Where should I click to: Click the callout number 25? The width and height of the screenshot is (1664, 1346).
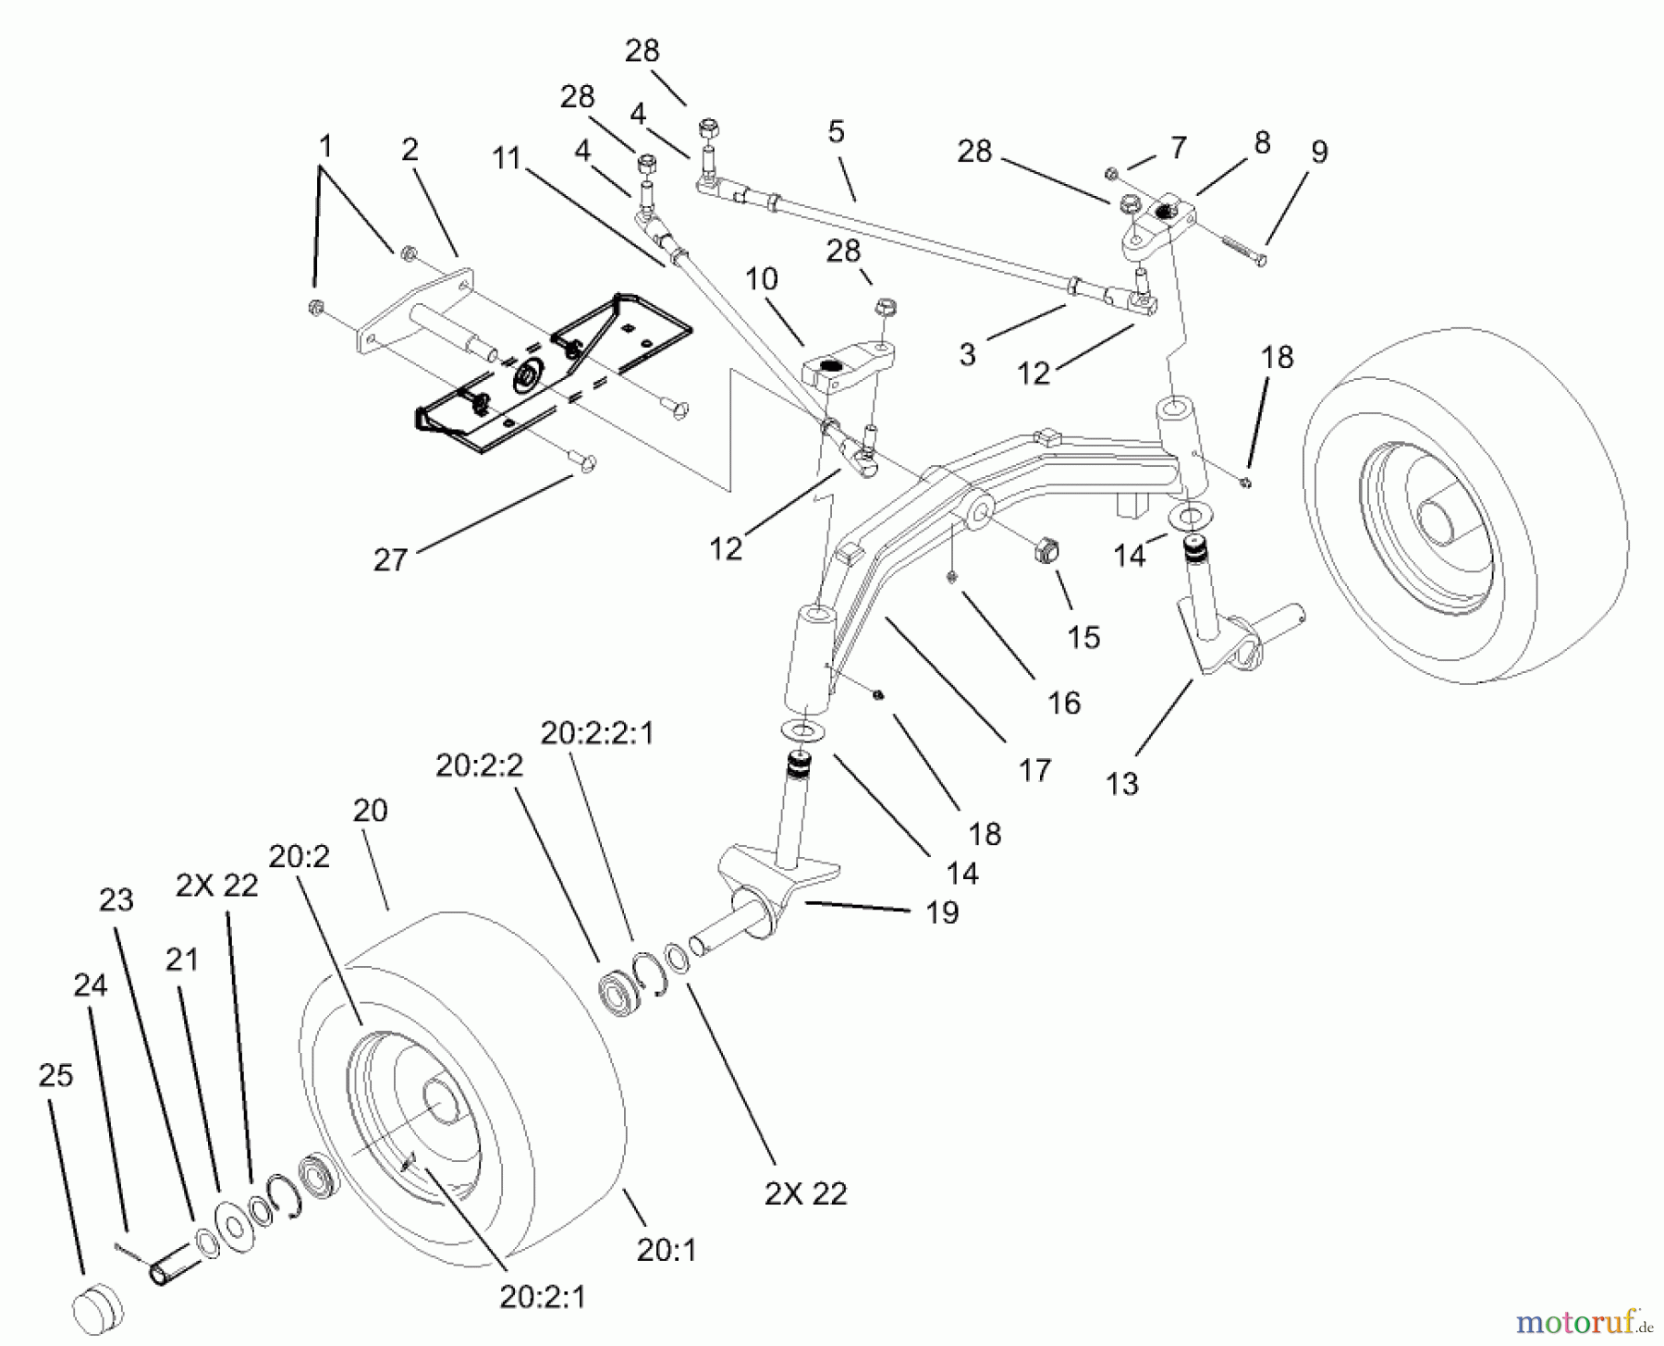click(55, 1076)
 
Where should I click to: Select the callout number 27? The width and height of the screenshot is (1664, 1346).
click(390, 559)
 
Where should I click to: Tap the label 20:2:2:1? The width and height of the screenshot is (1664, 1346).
click(597, 733)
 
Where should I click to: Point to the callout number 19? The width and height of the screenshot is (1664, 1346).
click(942, 912)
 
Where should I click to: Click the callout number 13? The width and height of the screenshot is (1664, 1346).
click(1121, 784)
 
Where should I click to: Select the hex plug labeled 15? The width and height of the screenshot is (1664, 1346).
click(1044, 552)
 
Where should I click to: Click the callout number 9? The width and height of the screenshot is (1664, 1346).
click(1319, 153)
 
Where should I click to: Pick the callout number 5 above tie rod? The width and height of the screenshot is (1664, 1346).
click(836, 132)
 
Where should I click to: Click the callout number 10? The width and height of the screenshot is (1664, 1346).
click(762, 279)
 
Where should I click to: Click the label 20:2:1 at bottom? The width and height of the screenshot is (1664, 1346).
click(543, 1297)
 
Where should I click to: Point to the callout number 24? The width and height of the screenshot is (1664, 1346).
click(91, 985)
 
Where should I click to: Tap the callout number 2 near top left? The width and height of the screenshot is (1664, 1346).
click(410, 150)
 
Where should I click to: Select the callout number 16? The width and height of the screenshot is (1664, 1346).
click(1064, 703)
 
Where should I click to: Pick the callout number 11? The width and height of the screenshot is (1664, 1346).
click(507, 159)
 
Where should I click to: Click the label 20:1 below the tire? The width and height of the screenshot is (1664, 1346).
click(666, 1250)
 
